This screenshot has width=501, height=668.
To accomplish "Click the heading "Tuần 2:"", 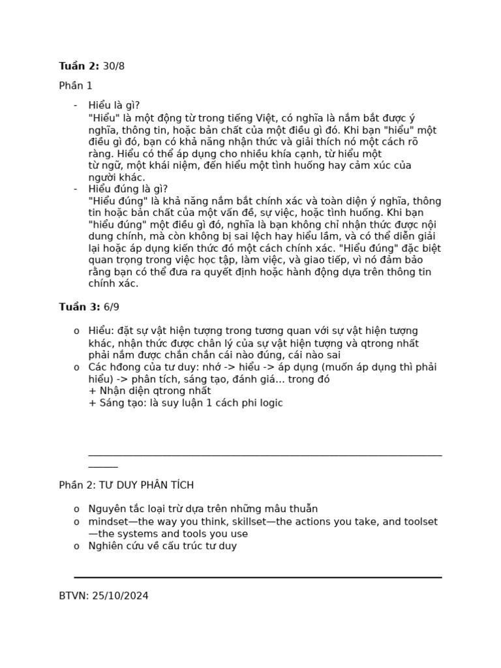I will (x=79, y=66).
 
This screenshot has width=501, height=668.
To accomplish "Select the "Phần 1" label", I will (x=76, y=85).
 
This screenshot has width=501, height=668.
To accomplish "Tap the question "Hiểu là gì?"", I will (x=114, y=106).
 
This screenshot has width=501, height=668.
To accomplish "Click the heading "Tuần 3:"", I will (x=79, y=307).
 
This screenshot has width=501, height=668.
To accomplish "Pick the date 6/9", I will (x=112, y=307).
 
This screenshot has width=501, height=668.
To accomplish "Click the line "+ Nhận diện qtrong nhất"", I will (x=149, y=391).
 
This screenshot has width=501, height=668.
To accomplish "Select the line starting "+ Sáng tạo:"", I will (x=185, y=403).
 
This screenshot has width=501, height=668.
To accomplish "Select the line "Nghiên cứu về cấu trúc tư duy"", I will (x=162, y=546).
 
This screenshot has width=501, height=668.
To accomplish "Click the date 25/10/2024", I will (x=120, y=596).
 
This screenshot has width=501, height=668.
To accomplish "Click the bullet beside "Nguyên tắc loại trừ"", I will (x=76, y=509).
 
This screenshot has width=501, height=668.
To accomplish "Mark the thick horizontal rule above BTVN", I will (x=258, y=577).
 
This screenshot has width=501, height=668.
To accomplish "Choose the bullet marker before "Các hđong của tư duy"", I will (x=76, y=367).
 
